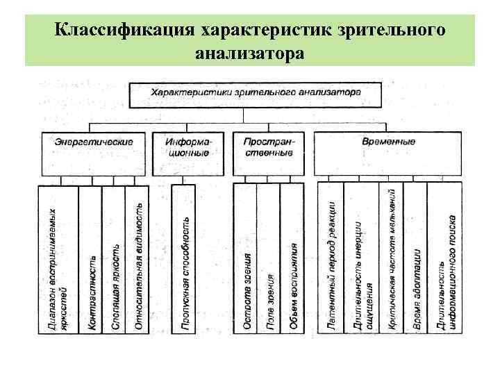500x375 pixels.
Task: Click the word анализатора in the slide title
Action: [249, 52]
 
